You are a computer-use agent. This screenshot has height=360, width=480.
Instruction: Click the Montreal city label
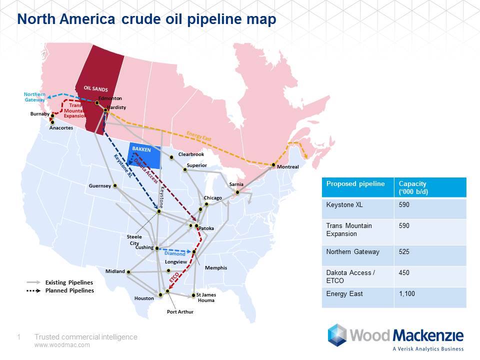[288, 167]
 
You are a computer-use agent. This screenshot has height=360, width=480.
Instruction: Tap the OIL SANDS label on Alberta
[96, 89]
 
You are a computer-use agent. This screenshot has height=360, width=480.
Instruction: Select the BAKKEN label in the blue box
[141, 149]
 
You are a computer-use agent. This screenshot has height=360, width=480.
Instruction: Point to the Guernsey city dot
[115, 185]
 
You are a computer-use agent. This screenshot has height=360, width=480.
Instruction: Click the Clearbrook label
[191, 154]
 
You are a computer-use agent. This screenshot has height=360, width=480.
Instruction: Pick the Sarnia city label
[236, 184]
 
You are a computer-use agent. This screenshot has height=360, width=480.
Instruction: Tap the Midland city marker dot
[128, 272]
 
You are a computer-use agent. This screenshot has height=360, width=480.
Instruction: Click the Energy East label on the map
[199, 136]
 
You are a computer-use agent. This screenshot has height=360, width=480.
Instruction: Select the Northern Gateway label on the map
[34, 97]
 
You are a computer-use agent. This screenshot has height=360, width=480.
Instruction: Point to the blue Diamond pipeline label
[175, 253]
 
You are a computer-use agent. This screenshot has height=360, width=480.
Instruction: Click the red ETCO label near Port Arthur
[174, 278]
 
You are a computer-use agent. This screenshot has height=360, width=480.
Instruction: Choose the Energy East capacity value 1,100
[407, 294]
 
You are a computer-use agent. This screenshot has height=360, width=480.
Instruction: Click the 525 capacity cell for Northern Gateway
[404, 251]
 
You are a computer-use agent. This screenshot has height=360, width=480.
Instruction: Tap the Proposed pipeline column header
[355, 183]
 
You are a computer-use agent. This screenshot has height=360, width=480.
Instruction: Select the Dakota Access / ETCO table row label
[350, 276]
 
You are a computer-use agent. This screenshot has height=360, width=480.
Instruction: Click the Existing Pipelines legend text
[69, 282]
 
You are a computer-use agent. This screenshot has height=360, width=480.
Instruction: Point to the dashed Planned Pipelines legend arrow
[33, 290]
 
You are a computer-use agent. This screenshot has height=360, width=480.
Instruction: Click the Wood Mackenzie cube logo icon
[337, 335]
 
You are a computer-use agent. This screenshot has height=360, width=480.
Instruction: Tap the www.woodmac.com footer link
[62, 345]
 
